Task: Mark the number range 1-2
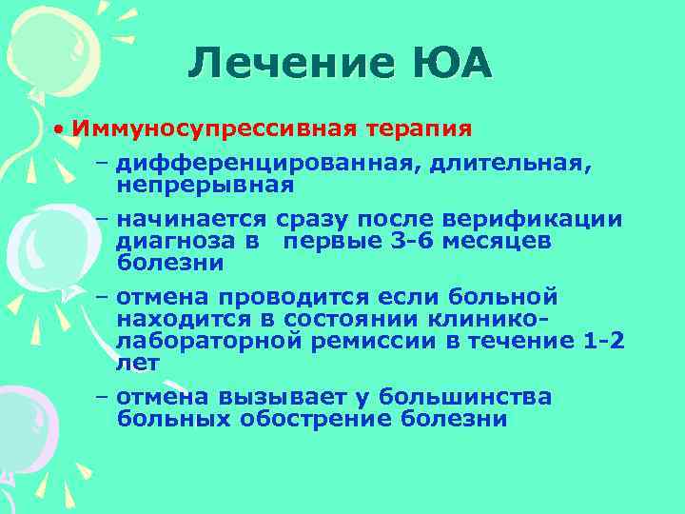(x=606, y=341)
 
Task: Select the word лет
(x=139, y=362)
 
